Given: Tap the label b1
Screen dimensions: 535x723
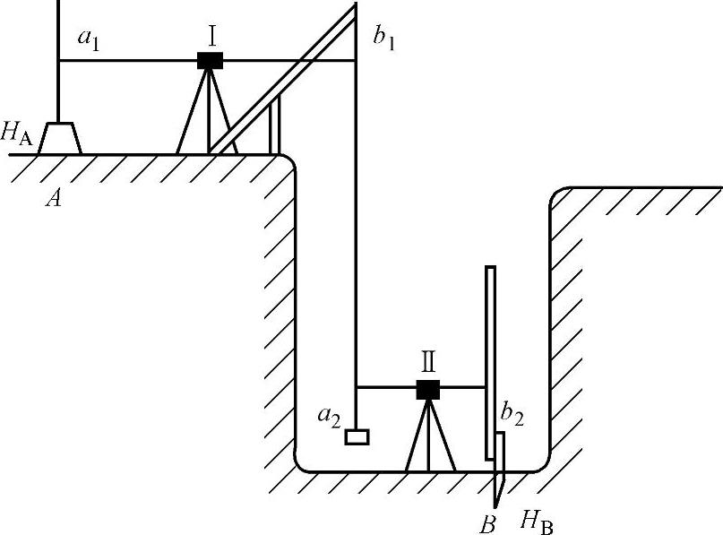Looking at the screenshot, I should pos(384,40).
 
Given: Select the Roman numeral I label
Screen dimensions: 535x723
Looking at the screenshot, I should pos(211,37).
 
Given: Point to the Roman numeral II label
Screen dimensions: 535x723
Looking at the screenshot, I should pos(428,363).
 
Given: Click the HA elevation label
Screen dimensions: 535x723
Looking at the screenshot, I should pos(18,133).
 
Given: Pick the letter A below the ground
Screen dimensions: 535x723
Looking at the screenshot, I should pos(55,199).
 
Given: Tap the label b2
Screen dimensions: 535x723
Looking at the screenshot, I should pos(512,416).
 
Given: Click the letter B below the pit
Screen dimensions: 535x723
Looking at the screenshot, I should pos(488,520).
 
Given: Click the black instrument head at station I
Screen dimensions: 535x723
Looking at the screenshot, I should pos(211,60).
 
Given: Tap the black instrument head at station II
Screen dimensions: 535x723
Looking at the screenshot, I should pos(428,389).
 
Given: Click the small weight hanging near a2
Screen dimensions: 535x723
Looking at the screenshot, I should pos(357,437).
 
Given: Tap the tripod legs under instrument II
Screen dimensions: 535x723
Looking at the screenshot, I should pos(430,439).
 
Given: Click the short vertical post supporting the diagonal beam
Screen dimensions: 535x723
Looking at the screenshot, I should pos(275,125).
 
